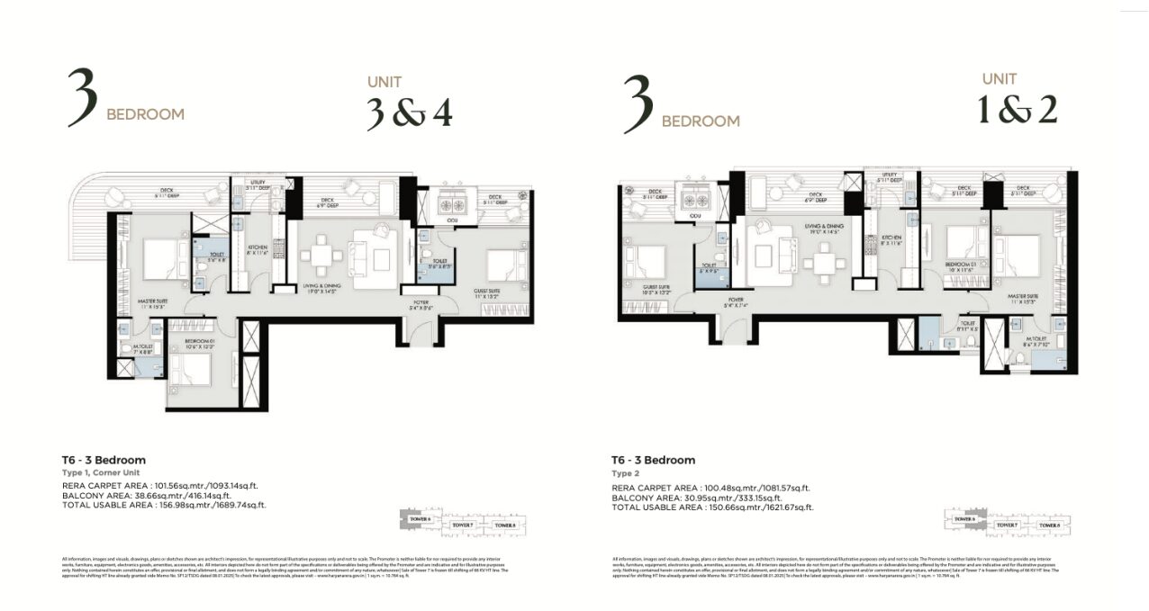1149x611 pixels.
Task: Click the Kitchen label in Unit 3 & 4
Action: (257, 253)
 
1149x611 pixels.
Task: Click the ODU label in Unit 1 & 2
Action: (694, 216)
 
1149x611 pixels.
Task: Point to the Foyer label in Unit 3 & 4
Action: (421, 304)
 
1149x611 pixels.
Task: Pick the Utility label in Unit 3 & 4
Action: (242, 183)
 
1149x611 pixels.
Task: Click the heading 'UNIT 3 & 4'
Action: (408, 103)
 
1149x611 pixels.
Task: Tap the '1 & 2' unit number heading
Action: (1018, 110)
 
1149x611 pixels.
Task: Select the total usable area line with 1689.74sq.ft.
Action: (165, 506)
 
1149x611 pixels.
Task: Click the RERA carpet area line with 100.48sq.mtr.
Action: (710, 488)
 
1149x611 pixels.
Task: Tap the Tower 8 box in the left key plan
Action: (503, 525)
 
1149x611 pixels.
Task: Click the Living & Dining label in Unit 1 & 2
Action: (818, 231)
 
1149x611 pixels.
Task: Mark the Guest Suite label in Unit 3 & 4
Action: (493, 292)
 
